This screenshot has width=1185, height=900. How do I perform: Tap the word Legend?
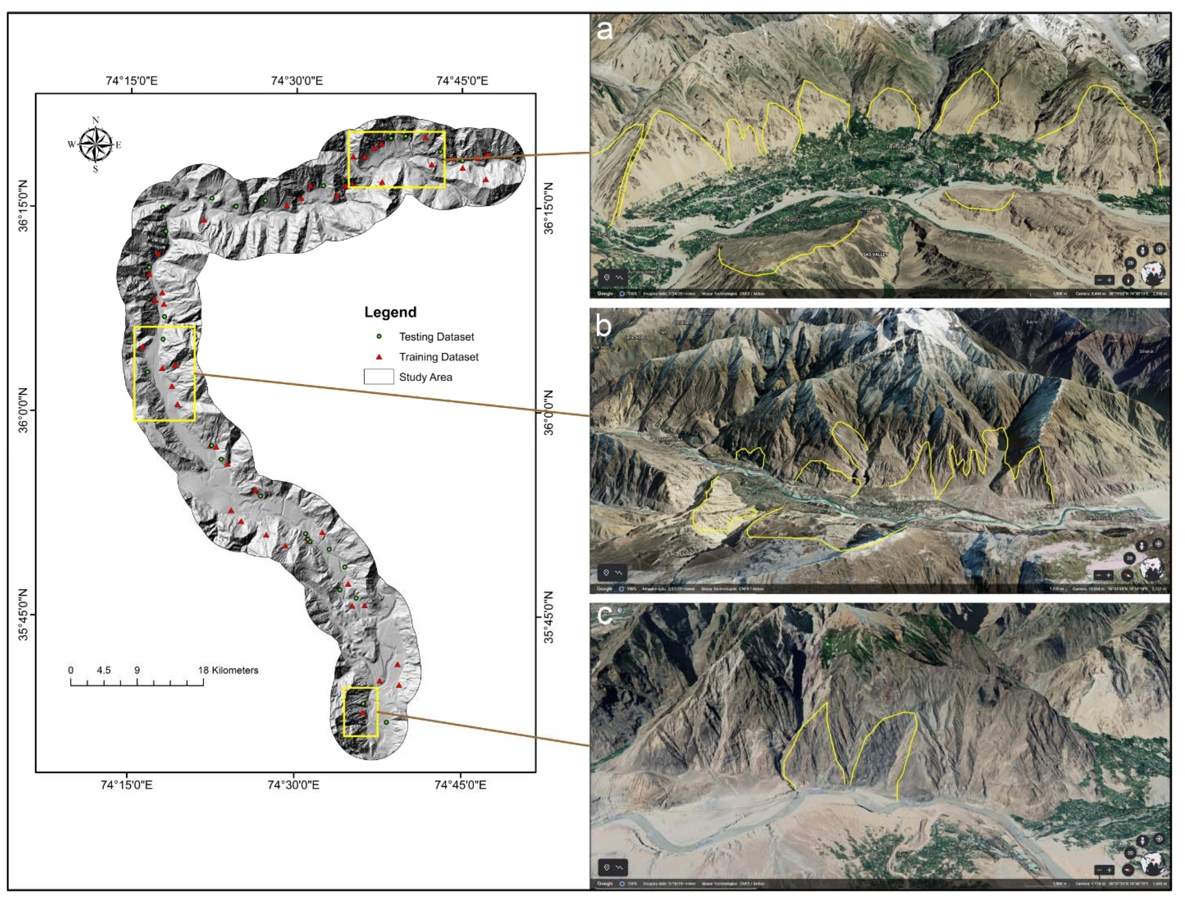point(390,313)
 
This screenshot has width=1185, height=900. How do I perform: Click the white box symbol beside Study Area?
point(378,377)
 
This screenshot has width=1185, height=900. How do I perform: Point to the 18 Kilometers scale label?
point(228,670)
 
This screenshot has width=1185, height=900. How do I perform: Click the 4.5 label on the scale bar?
point(104,670)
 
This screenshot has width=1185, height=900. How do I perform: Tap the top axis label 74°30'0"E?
point(297,82)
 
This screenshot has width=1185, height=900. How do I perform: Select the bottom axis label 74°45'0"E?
point(460,785)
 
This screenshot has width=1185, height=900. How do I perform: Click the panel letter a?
point(605,30)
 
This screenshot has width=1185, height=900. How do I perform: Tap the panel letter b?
point(604,325)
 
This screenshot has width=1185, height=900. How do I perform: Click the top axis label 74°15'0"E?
point(132,82)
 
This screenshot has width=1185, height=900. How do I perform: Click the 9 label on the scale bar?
point(137,670)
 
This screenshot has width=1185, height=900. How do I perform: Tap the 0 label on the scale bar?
point(71,670)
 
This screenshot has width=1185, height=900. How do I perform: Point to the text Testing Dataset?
point(436,337)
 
